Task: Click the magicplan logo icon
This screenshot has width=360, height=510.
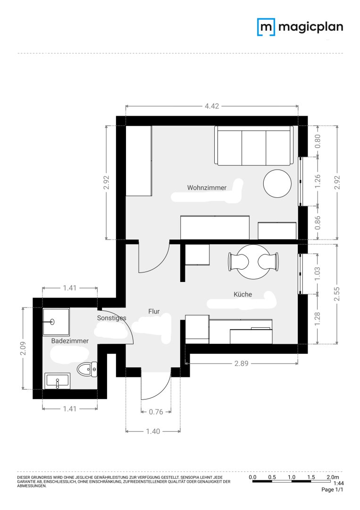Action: point(266,26)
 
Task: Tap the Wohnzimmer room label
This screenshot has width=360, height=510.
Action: point(207,187)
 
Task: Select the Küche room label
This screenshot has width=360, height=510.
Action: point(243,294)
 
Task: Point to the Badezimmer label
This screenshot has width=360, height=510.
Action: point(70,341)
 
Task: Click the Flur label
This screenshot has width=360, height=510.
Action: point(154,311)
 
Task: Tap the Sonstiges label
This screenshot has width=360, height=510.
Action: point(111,318)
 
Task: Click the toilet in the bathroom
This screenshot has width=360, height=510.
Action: point(87,369)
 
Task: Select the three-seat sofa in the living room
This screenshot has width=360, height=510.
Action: point(254,145)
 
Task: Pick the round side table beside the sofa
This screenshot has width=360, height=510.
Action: point(277,183)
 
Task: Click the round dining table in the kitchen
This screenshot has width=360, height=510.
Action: point(253,262)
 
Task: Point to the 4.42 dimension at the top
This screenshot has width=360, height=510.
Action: point(212,106)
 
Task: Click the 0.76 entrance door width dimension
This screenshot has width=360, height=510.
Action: point(156,412)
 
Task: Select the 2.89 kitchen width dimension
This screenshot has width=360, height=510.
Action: point(242,363)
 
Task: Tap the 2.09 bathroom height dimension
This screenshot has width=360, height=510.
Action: point(23,348)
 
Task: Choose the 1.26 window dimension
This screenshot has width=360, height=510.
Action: point(318,181)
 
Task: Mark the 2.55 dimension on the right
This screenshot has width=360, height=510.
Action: point(337,294)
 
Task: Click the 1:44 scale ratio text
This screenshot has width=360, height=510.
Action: point(339,484)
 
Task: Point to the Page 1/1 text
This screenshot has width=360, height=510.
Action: point(332,490)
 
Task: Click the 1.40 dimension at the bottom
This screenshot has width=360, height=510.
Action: point(153,431)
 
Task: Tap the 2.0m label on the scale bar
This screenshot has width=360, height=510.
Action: point(333,477)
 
